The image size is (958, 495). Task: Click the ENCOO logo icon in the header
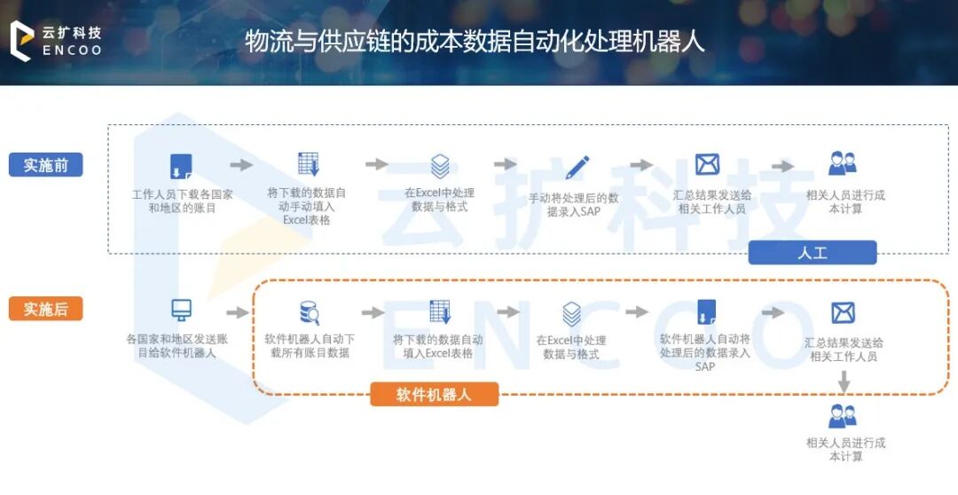[20, 41]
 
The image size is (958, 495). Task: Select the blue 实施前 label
[46, 165]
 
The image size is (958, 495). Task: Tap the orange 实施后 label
[46, 309]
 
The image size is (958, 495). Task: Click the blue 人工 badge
[812, 253]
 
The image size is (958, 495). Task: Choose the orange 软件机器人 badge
[434, 394]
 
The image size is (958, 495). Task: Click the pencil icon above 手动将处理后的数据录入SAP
[577, 166]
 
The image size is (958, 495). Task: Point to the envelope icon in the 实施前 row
[707, 164]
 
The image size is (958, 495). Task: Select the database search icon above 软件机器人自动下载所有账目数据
[309, 312]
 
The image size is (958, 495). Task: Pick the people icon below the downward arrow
[842, 415]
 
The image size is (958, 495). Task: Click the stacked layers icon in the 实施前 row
[440, 166]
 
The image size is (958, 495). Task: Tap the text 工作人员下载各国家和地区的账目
[182, 200]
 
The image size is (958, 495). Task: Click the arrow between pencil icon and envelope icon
[641, 165]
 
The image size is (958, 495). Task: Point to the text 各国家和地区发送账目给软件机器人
[183, 345]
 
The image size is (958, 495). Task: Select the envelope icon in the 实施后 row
[843, 312]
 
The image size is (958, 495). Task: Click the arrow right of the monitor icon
[237, 312]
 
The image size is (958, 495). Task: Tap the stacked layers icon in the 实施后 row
[571, 313]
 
